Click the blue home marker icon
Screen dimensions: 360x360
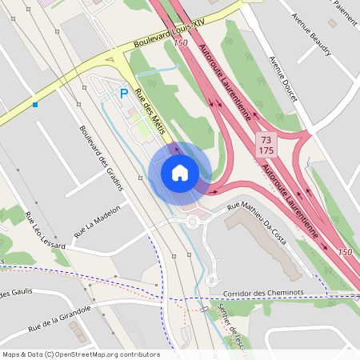[180, 172]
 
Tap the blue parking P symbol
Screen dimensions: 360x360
[124, 94]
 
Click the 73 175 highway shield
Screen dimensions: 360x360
[266, 145]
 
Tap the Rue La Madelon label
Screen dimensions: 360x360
[97, 222]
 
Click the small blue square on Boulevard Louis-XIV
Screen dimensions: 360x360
[35, 104]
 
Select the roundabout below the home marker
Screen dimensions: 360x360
[192, 222]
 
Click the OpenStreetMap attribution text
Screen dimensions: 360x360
[81, 354]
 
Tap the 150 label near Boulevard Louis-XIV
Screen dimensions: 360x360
[180, 42]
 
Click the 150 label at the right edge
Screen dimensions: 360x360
[345, 253]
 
